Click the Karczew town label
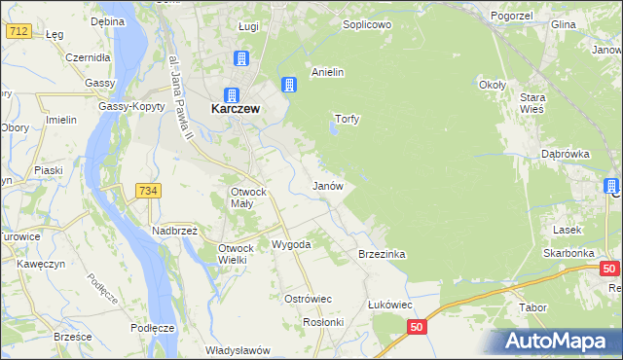235,110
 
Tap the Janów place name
326,185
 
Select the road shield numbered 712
17,32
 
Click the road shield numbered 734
148,191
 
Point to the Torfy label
348,119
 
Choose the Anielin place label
328,72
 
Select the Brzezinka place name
382,254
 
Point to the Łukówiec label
389,304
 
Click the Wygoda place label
291,244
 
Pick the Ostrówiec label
308,298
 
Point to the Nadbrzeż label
174,231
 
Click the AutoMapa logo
558,342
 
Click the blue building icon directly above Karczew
233,94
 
